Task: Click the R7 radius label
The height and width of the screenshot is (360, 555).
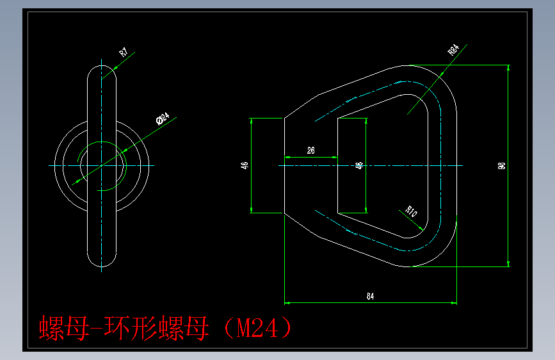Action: point(123,53)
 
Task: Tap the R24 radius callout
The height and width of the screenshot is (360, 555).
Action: point(453,50)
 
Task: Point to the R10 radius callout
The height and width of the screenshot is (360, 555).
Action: point(410,211)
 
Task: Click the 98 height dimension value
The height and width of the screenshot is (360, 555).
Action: point(501,165)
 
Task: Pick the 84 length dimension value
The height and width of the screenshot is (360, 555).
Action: point(370,296)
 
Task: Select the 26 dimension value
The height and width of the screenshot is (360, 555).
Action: point(311,151)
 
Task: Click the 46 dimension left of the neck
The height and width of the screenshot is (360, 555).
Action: point(244,165)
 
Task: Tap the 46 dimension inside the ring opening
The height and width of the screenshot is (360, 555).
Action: point(359,165)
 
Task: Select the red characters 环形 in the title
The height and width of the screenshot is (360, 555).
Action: point(131,329)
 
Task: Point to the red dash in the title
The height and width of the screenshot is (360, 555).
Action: point(95,329)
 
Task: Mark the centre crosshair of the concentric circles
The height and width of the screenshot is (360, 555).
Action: point(101,165)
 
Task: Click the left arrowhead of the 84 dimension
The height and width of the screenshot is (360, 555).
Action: point(287,302)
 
